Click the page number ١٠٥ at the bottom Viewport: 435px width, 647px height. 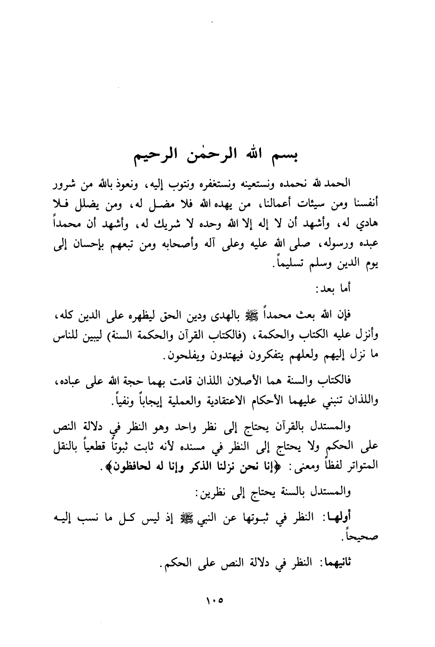214,601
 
